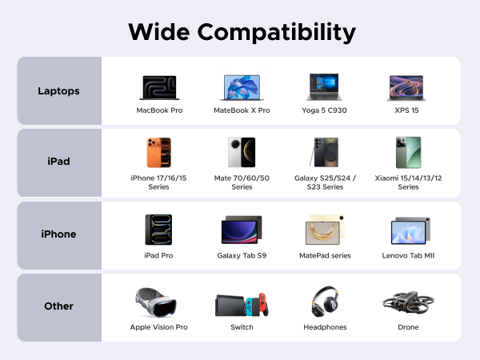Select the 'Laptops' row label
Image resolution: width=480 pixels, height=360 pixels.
pos(58,90)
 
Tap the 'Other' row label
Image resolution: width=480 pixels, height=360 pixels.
pos(58,306)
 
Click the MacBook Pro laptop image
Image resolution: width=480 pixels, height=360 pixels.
pos(159,86)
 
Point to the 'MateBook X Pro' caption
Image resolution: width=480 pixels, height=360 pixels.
pos(242,110)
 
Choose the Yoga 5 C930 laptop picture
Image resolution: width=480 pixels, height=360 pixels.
pos(326,86)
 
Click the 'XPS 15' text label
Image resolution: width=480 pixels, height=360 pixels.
pos(406,110)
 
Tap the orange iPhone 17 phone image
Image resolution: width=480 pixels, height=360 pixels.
pos(159,152)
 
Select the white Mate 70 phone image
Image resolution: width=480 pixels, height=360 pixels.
pos(242,152)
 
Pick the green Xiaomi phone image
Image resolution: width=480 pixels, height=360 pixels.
pos(406,152)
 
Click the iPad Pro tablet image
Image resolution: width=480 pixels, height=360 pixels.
pos(159,230)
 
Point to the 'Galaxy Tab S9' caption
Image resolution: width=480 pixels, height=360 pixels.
pos(242,255)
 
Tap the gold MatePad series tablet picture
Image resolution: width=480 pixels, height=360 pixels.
pos(326,230)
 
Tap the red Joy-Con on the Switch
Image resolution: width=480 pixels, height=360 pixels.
pos(262,305)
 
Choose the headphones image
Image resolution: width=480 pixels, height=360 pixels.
pos(326,302)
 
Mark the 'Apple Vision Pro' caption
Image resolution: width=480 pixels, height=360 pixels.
pos(158,327)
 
